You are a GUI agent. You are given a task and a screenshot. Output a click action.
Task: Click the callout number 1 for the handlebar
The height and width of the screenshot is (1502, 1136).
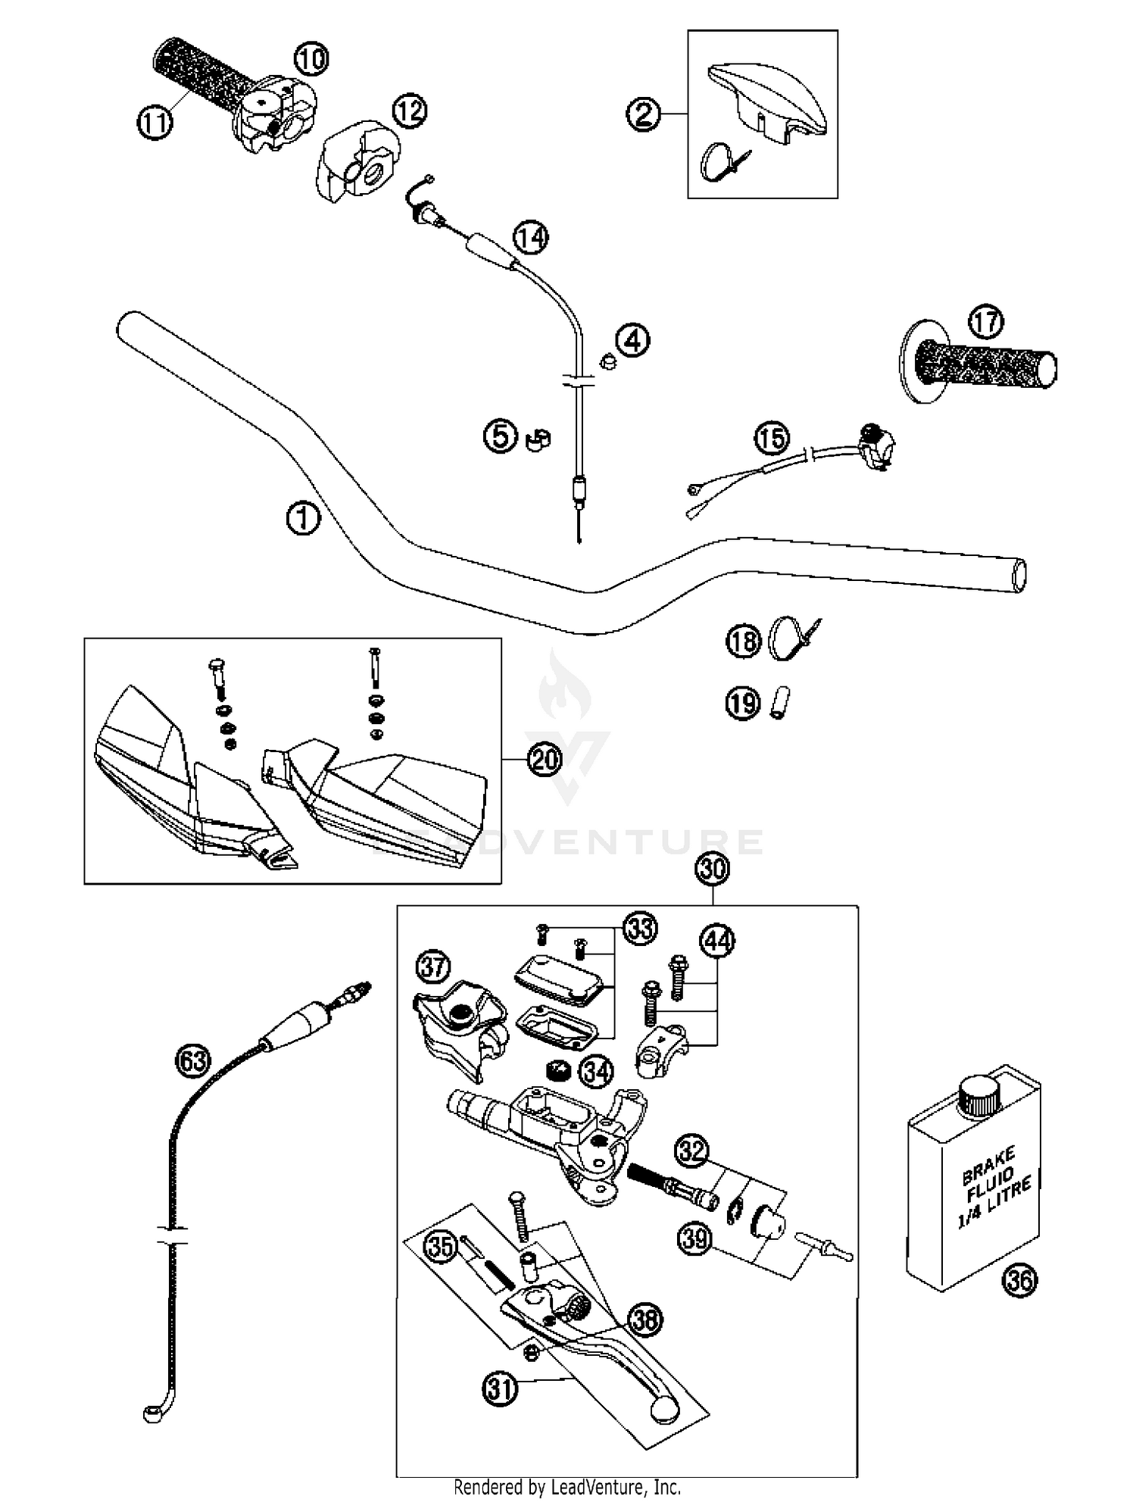[x=303, y=519]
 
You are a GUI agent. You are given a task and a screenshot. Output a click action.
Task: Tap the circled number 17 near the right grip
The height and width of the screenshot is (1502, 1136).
[x=985, y=322]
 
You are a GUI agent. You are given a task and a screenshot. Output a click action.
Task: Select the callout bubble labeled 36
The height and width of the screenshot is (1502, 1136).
[x=1019, y=1280]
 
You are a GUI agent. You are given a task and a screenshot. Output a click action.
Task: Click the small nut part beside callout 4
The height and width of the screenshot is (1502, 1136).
[x=607, y=362]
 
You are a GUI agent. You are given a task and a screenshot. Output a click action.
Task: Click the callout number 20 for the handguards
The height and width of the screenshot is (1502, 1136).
[x=545, y=759]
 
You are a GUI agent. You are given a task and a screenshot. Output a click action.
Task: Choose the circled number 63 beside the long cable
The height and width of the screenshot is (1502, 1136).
[x=192, y=1060]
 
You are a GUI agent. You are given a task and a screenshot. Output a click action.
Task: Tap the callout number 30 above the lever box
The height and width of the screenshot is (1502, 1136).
[x=713, y=869]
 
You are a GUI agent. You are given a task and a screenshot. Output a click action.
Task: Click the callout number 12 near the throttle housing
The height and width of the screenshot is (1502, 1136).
[x=410, y=112]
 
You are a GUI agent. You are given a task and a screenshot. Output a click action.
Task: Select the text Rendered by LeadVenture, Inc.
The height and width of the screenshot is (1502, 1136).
[x=567, y=1487]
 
